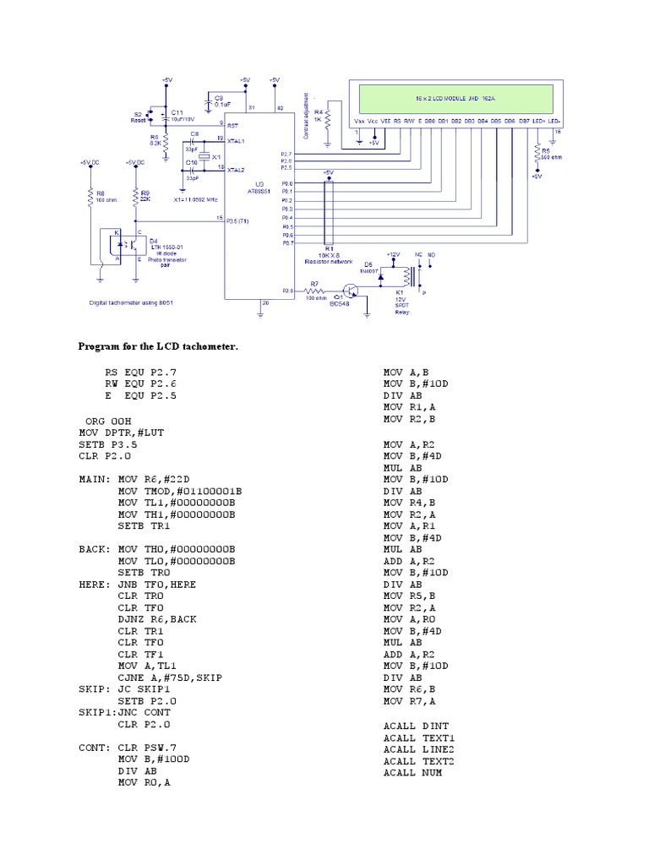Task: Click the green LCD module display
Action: coord(455,99)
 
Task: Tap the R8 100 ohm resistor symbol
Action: coord(90,198)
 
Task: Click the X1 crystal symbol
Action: coord(204,157)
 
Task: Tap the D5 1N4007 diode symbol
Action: coord(382,275)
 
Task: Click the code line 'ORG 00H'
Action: coord(108,420)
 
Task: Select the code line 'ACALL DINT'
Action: coord(416,726)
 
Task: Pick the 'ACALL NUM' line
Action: coord(412,772)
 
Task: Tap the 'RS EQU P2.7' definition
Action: coord(141,372)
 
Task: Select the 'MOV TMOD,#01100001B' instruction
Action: coord(180,490)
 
